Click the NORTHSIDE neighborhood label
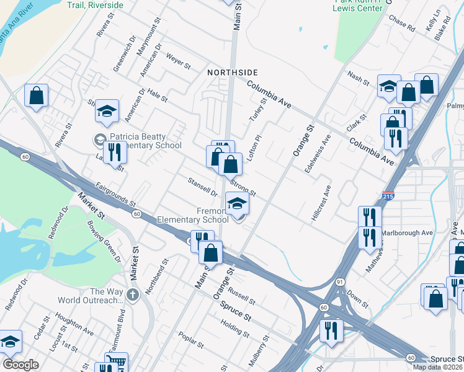(x=232, y=73)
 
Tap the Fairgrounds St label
(x=115, y=194)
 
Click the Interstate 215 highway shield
(x=389, y=195)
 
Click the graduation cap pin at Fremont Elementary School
(x=236, y=203)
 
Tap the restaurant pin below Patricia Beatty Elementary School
(x=114, y=151)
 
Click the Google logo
(x=20, y=365)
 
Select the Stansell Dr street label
(x=202, y=186)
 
